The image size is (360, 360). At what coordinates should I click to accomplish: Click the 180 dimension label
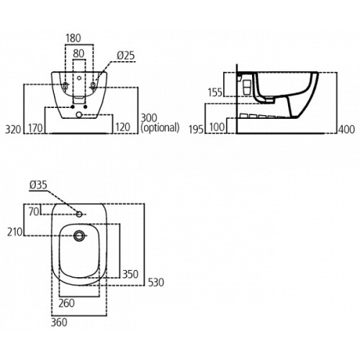[73, 38]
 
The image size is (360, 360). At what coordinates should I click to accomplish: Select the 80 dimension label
[78, 54]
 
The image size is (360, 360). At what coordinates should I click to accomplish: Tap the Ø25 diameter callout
[126, 55]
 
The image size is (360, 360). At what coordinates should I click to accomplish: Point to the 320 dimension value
[13, 130]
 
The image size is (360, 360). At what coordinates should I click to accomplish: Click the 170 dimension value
[35, 128]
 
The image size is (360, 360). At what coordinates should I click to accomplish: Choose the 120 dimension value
[122, 127]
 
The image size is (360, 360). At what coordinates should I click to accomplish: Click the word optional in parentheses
[160, 127]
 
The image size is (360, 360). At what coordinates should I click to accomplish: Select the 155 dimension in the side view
[215, 93]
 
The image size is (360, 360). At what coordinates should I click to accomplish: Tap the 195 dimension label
[196, 130]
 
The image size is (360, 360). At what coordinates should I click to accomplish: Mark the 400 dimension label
[346, 130]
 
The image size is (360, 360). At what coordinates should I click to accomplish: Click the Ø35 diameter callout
[38, 185]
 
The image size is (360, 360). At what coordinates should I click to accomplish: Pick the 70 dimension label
[34, 212]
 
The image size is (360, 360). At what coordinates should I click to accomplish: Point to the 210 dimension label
[14, 232]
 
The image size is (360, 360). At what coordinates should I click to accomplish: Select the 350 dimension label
[130, 274]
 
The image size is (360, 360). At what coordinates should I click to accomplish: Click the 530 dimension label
[156, 282]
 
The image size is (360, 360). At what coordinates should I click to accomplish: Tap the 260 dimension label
[66, 303]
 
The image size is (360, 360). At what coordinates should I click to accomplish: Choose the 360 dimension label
[59, 323]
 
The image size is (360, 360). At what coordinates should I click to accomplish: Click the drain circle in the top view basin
[79, 235]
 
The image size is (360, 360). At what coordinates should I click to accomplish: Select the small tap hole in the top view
[79, 214]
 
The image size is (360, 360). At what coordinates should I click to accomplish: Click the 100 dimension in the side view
[217, 127]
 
